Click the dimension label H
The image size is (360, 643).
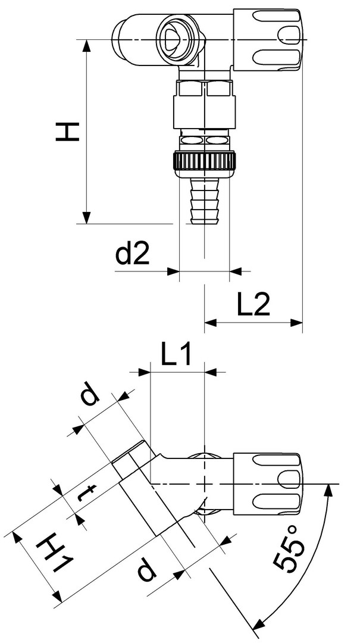click(68, 130)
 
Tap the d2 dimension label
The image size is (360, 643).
click(132, 255)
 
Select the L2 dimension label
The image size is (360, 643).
click(254, 306)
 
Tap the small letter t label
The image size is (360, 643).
click(87, 494)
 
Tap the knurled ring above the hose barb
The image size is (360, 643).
click(205, 162)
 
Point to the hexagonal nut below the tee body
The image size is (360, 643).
click(205, 90)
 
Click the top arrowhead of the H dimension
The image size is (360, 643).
click(87, 45)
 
